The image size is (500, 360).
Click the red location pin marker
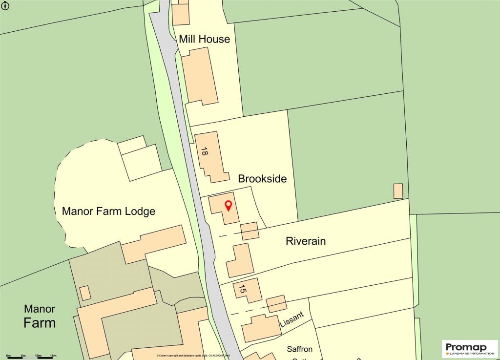pyautogui.click(x=228, y=206)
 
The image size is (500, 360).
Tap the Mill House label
pyautogui.click(x=204, y=39)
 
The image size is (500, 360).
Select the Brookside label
pyautogui.click(x=262, y=179)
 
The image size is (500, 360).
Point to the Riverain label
pyautogui.click(x=306, y=241)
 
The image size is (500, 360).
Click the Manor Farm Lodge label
pyautogui.click(x=108, y=212)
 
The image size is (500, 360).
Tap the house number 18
pyautogui.click(x=204, y=152)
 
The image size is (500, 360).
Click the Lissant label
pyautogui.click(x=292, y=320)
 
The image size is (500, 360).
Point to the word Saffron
pyautogui.click(x=303, y=349)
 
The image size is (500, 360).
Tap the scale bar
pyautogui.click(x=31, y=358)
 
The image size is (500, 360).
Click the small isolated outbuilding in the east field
pyautogui.click(x=398, y=191)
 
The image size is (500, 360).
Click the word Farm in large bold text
pyautogui.click(x=40, y=323)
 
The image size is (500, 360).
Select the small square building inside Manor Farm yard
pyautogui.click(x=85, y=293)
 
